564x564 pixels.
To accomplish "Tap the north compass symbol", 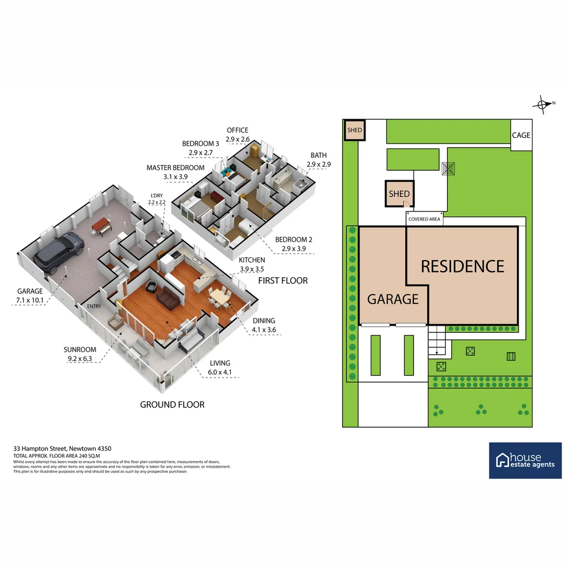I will pos(543,103).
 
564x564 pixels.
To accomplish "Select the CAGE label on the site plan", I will pos(521,135).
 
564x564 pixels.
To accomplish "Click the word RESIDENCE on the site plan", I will pos(463,266).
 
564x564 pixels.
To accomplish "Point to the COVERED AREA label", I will pos(424,219).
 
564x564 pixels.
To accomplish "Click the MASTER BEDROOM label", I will pos(175,168).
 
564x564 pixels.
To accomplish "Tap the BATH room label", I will pos(318,155).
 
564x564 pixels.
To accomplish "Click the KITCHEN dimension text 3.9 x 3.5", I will pos(251,269).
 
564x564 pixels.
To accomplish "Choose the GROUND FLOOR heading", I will pos(172,404).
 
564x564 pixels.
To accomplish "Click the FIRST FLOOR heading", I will pos(283,280).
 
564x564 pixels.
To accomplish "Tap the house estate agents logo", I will pos(525,460).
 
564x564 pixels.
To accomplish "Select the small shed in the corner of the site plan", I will pos(355,130).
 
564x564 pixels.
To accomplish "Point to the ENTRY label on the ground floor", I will pos(95,307).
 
